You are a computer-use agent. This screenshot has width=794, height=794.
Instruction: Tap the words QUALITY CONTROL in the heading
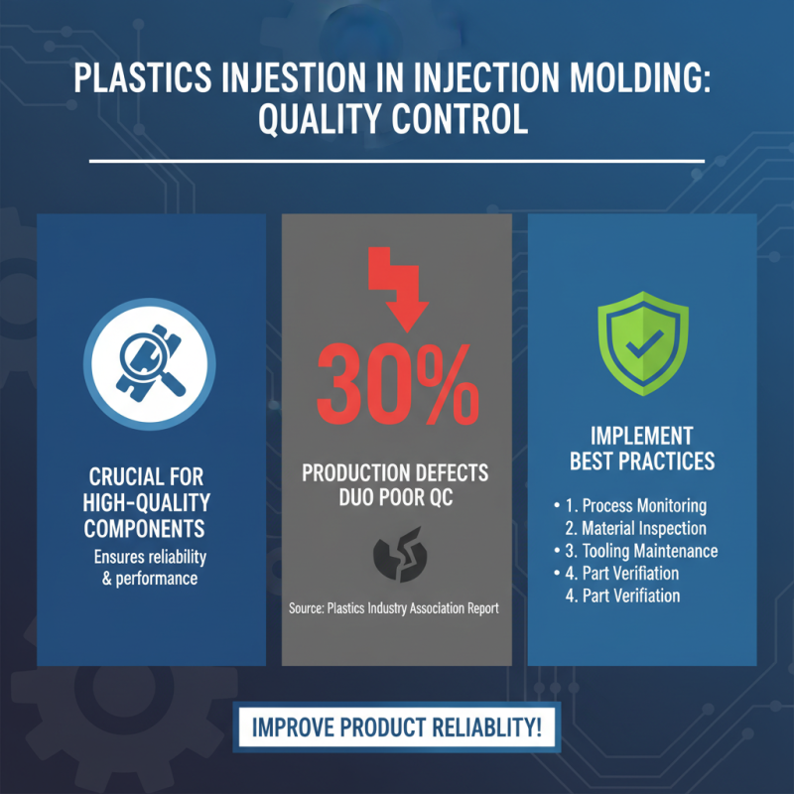tap(396, 120)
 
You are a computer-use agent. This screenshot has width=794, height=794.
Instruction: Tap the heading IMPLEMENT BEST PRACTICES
tap(641, 449)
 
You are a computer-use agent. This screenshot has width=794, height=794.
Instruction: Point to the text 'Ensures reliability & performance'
tap(149, 567)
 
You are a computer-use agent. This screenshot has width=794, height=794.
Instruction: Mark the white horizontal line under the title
tap(397, 160)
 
